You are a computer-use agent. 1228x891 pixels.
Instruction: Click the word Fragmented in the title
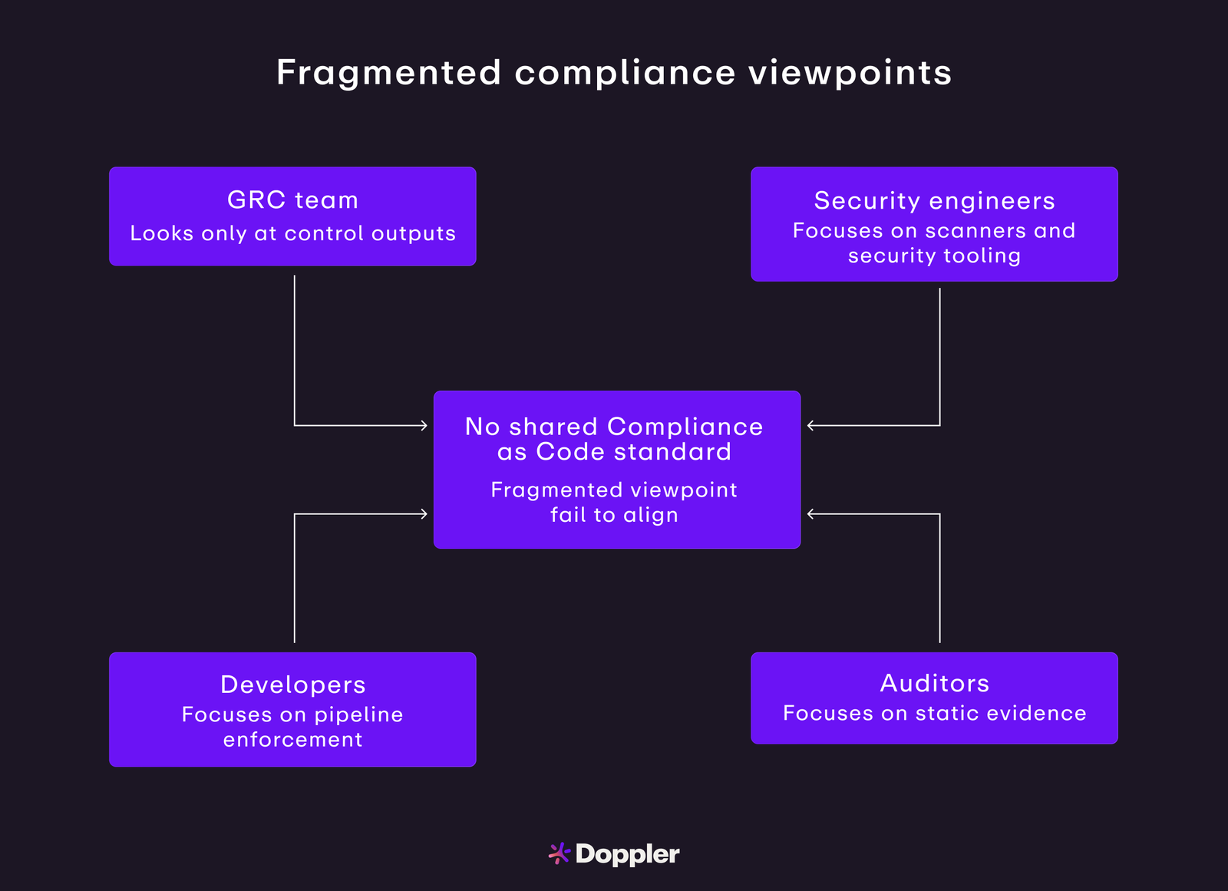point(388,73)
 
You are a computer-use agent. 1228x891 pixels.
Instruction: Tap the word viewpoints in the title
point(850,73)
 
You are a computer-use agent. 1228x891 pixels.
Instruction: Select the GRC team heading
point(292,200)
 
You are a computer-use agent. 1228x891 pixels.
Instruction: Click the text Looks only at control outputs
point(292,233)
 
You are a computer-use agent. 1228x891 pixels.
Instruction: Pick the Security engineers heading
point(934,201)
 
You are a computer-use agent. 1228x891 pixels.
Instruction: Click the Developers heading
point(292,685)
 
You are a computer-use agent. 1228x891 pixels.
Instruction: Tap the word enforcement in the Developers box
point(292,740)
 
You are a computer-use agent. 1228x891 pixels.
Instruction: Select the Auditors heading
point(934,683)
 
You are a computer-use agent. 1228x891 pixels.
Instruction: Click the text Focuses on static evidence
point(934,714)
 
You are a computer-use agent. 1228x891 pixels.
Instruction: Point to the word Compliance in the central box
point(685,427)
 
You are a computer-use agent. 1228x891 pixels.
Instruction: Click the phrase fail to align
point(614,515)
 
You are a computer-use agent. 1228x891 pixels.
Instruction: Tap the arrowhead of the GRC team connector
point(424,425)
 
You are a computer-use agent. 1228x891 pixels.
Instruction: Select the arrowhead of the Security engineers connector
point(810,425)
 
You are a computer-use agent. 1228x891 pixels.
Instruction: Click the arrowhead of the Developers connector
point(424,514)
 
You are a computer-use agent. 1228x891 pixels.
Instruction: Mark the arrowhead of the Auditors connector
point(810,514)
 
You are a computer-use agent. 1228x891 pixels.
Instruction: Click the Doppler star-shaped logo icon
point(559,853)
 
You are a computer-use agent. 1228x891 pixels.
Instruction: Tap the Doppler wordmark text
point(627,854)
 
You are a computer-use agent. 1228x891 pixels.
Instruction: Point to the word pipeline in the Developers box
point(358,715)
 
